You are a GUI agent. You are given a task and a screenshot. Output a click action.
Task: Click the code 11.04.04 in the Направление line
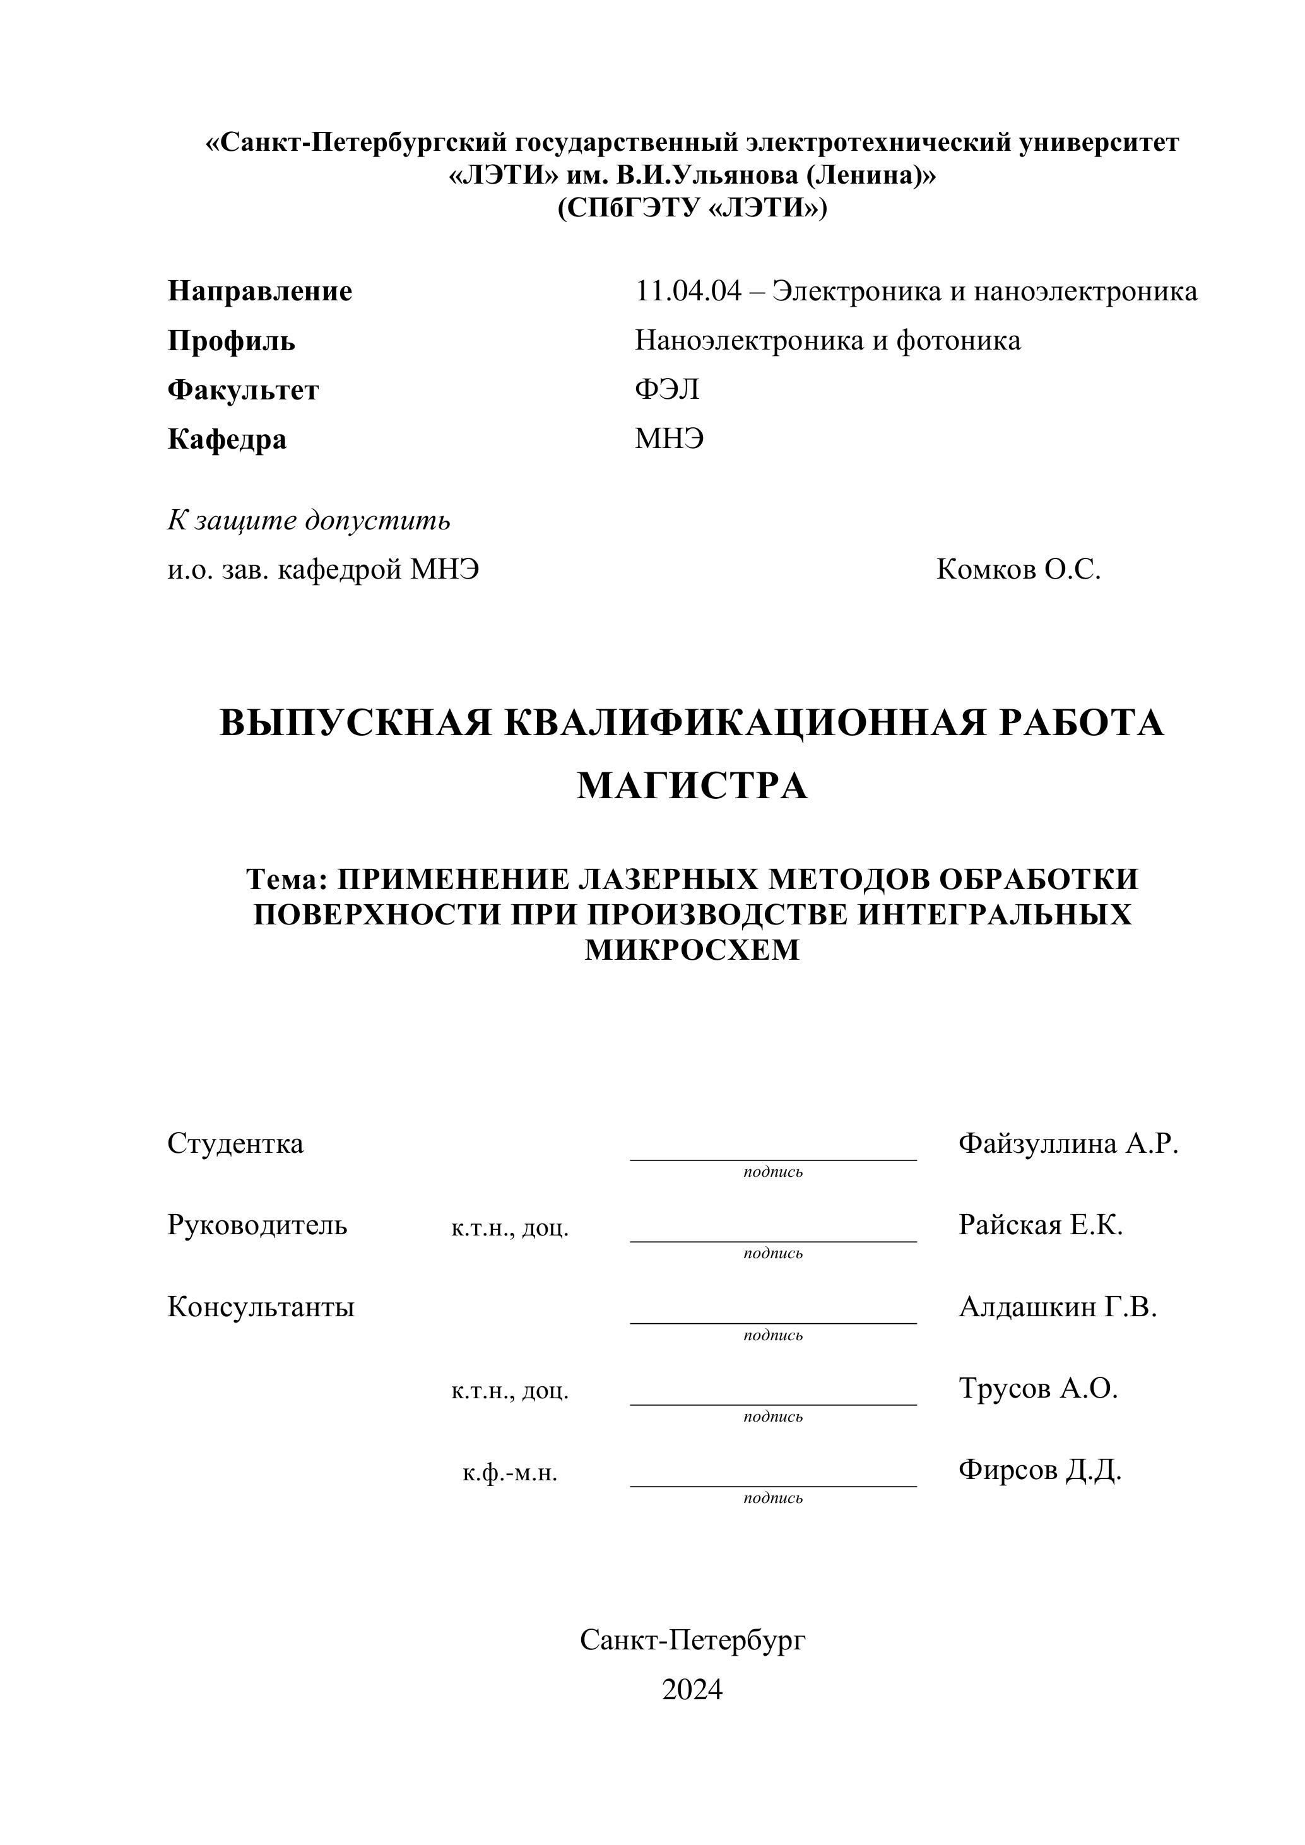pyautogui.click(x=688, y=291)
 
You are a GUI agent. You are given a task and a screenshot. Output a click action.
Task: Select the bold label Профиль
pyautogui.click(x=232, y=341)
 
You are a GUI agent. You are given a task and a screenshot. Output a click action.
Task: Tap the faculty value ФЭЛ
pyautogui.click(x=667, y=390)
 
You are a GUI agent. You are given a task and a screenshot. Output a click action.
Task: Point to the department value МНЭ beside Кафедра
pyautogui.click(x=670, y=440)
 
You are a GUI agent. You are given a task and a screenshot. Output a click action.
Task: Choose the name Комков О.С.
pyautogui.click(x=1018, y=570)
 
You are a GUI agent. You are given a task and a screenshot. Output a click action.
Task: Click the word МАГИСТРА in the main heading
pyautogui.click(x=692, y=786)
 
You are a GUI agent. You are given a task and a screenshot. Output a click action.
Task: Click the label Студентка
pyautogui.click(x=235, y=1143)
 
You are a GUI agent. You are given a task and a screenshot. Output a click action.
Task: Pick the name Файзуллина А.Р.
pyautogui.click(x=1068, y=1143)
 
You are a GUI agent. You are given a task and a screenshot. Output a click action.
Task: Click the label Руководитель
pyautogui.click(x=257, y=1225)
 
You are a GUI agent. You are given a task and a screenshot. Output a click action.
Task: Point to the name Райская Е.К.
pyautogui.click(x=1041, y=1225)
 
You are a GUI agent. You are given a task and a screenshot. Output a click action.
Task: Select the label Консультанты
pyautogui.click(x=261, y=1307)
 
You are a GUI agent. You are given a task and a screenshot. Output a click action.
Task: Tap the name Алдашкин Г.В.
pyautogui.click(x=1058, y=1307)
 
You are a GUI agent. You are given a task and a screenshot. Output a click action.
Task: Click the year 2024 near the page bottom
pyautogui.click(x=692, y=1690)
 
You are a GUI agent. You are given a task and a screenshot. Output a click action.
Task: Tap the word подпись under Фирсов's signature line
pyautogui.click(x=773, y=1499)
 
